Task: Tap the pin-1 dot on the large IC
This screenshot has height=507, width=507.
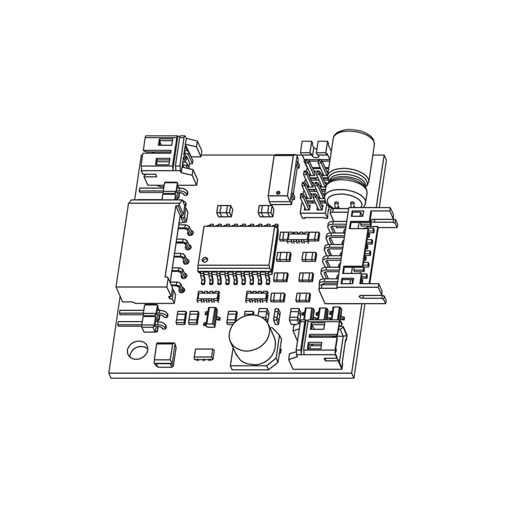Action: (204, 261)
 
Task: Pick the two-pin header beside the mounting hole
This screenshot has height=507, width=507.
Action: (147, 317)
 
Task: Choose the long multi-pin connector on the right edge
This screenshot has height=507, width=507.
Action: (355, 253)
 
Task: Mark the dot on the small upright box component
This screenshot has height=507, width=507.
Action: (277, 193)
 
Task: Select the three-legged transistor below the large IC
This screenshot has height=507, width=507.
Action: (211, 316)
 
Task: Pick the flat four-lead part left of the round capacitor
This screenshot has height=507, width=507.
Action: (204, 353)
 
